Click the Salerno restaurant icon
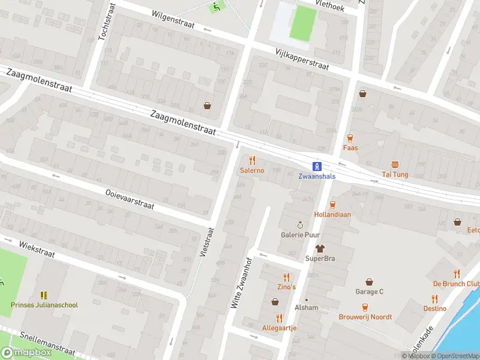[x=252, y=160]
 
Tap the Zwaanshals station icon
[x=316, y=166]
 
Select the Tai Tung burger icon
[x=395, y=164]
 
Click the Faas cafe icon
[x=350, y=137]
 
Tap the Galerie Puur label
[x=300, y=235]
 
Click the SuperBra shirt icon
[x=320, y=248]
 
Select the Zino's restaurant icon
[x=286, y=277]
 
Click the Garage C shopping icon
[x=369, y=281]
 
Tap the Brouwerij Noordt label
[x=365, y=317]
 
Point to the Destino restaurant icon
[x=434, y=298]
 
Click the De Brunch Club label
[x=457, y=284]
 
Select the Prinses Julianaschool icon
[x=44, y=295]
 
